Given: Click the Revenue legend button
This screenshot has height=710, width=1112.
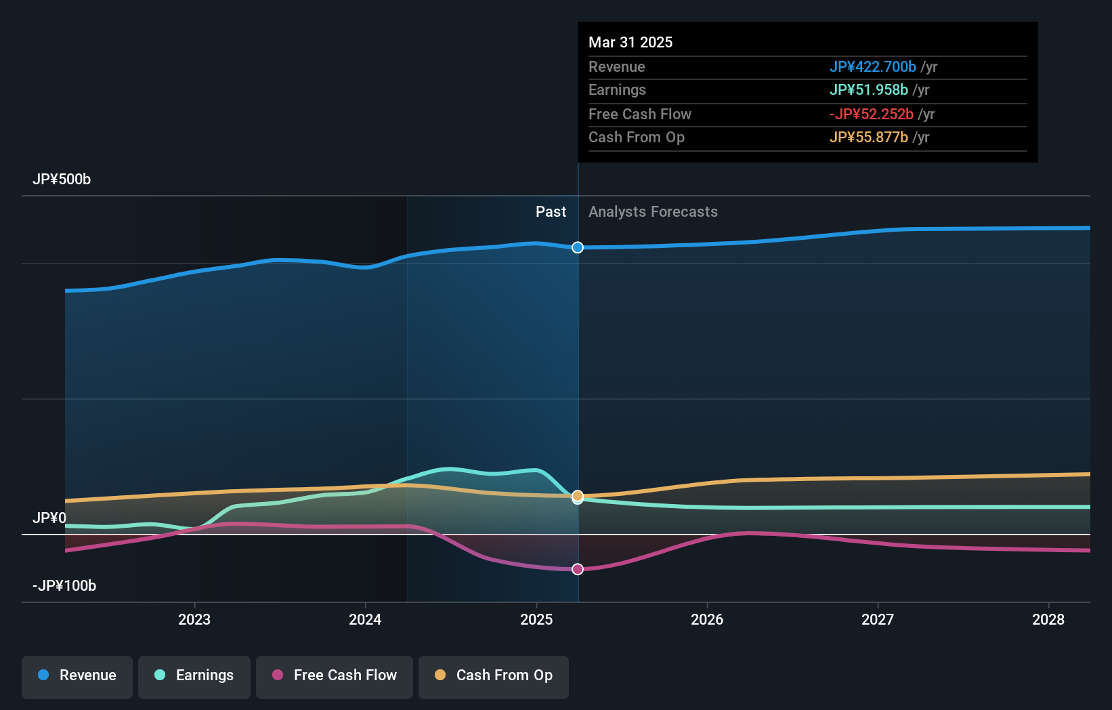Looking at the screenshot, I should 77,676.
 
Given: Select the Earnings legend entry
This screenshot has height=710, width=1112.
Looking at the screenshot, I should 194,676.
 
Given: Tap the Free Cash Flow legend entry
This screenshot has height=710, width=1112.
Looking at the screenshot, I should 335,676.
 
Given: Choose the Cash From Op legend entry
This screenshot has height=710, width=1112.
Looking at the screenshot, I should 494,676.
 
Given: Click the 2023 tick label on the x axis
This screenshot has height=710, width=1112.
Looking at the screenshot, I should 194,619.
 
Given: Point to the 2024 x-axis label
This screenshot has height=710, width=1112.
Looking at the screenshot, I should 365,619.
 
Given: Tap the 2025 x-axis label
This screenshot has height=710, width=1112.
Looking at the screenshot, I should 536,619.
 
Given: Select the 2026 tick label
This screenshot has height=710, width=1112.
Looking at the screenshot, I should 707,619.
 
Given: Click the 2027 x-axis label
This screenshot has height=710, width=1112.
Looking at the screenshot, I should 878,619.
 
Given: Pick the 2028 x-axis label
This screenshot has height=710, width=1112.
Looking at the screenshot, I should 1048,619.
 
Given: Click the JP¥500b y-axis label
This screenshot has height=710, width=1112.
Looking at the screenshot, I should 62,180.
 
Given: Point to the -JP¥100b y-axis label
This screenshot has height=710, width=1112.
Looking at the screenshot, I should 64,586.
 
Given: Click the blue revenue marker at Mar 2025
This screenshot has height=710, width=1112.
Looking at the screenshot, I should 578,247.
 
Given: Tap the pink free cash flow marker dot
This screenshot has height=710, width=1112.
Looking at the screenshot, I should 578,569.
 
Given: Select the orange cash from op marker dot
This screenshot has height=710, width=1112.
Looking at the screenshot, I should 578,496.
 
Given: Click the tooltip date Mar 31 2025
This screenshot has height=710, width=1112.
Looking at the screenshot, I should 630,42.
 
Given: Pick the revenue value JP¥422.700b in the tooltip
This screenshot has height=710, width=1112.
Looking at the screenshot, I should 872,67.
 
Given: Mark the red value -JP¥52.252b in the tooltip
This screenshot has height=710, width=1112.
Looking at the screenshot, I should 871,114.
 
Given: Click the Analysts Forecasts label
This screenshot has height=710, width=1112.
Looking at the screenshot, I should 653,212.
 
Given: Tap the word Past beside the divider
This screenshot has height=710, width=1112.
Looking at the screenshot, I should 551,212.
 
